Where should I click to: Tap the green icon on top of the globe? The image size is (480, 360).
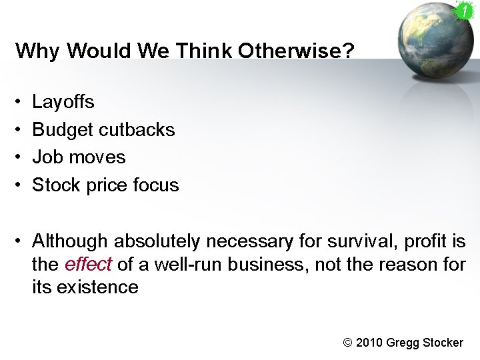[x=464, y=11]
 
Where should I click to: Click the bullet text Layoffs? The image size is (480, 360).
[x=63, y=102]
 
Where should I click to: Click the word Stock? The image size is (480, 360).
[x=54, y=185]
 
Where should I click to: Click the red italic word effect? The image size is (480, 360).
[x=88, y=264]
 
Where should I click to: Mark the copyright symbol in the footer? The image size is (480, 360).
[x=347, y=343]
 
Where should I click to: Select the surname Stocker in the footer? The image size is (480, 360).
[x=442, y=343]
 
